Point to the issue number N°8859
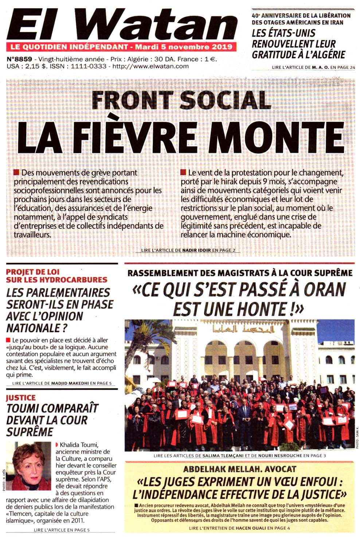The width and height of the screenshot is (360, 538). click(19, 59)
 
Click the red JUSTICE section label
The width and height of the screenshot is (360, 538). click(21, 398)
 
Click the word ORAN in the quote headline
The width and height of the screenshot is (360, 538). click(324, 290)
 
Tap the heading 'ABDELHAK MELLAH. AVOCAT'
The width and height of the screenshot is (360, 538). click(239, 469)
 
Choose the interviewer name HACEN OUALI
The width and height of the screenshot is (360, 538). click(250, 528)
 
